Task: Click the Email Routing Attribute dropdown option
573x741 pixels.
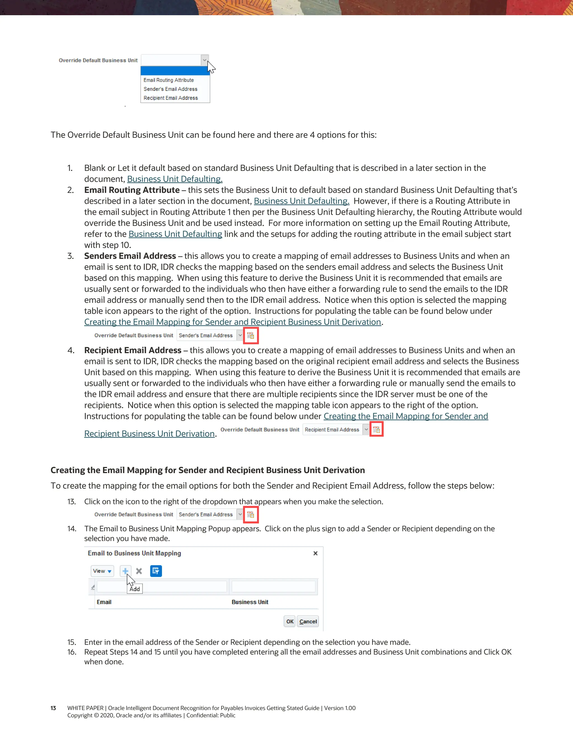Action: click(x=169, y=80)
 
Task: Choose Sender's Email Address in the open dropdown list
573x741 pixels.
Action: click(x=170, y=89)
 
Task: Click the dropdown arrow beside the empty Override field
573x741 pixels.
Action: click(x=204, y=60)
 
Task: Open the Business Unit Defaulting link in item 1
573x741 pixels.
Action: click(x=175, y=179)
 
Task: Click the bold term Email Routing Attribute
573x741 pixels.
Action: click(x=132, y=190)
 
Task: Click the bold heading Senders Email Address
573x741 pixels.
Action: click(x=130, y=256)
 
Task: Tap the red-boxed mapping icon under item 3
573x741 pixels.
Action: click(x=250, y=335)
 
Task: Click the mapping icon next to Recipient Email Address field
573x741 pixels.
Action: click(x=377, y=430)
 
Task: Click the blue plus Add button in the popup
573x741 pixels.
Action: click(x=125, y=571)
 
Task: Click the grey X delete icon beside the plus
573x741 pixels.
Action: click(x=139, y=571)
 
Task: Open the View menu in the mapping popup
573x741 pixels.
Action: click(x=102, y=571)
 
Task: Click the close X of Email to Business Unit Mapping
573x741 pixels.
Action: click(x=315, y=553)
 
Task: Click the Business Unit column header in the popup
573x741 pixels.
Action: click(x=250, y=602)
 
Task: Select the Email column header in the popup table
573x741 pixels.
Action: click(x=104, y=602)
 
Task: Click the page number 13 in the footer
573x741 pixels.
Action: click(x=53, y=708)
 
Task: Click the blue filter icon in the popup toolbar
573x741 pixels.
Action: click(x=156, y=571)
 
